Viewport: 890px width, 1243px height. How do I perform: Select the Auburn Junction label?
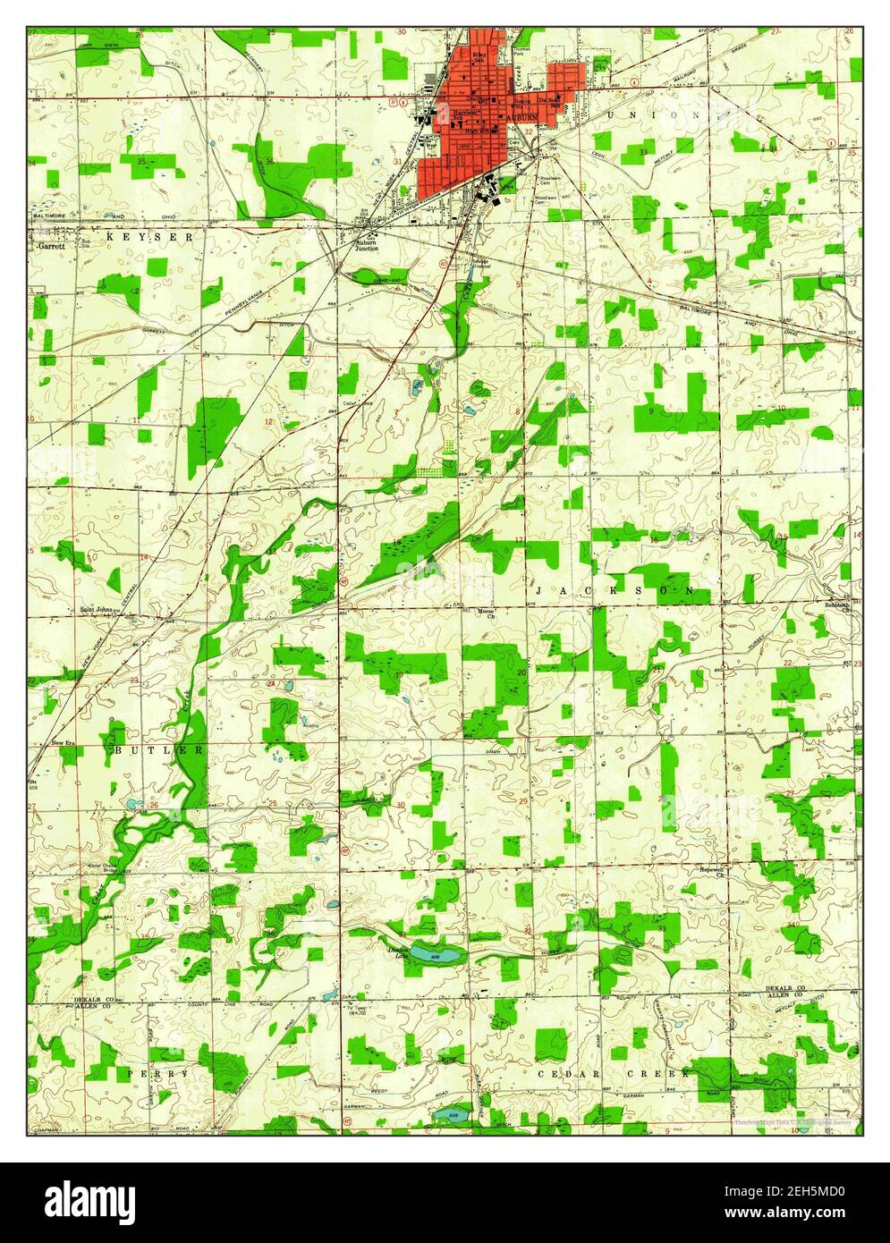click(x=367, y=245)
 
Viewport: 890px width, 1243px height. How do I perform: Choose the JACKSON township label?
click(x=615, y=591)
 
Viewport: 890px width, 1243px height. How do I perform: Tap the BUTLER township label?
click(x=159, y=749)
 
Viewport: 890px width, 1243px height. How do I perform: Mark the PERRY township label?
click(x=158, y=1072)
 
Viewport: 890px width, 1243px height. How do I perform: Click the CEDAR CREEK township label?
click(x=614, y=1071)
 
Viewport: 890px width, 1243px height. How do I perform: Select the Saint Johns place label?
click(x=97, y=610)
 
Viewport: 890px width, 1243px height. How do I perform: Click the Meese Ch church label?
click(x=486, y=613)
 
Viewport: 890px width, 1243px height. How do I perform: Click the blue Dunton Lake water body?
click(x=437, y=957)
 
